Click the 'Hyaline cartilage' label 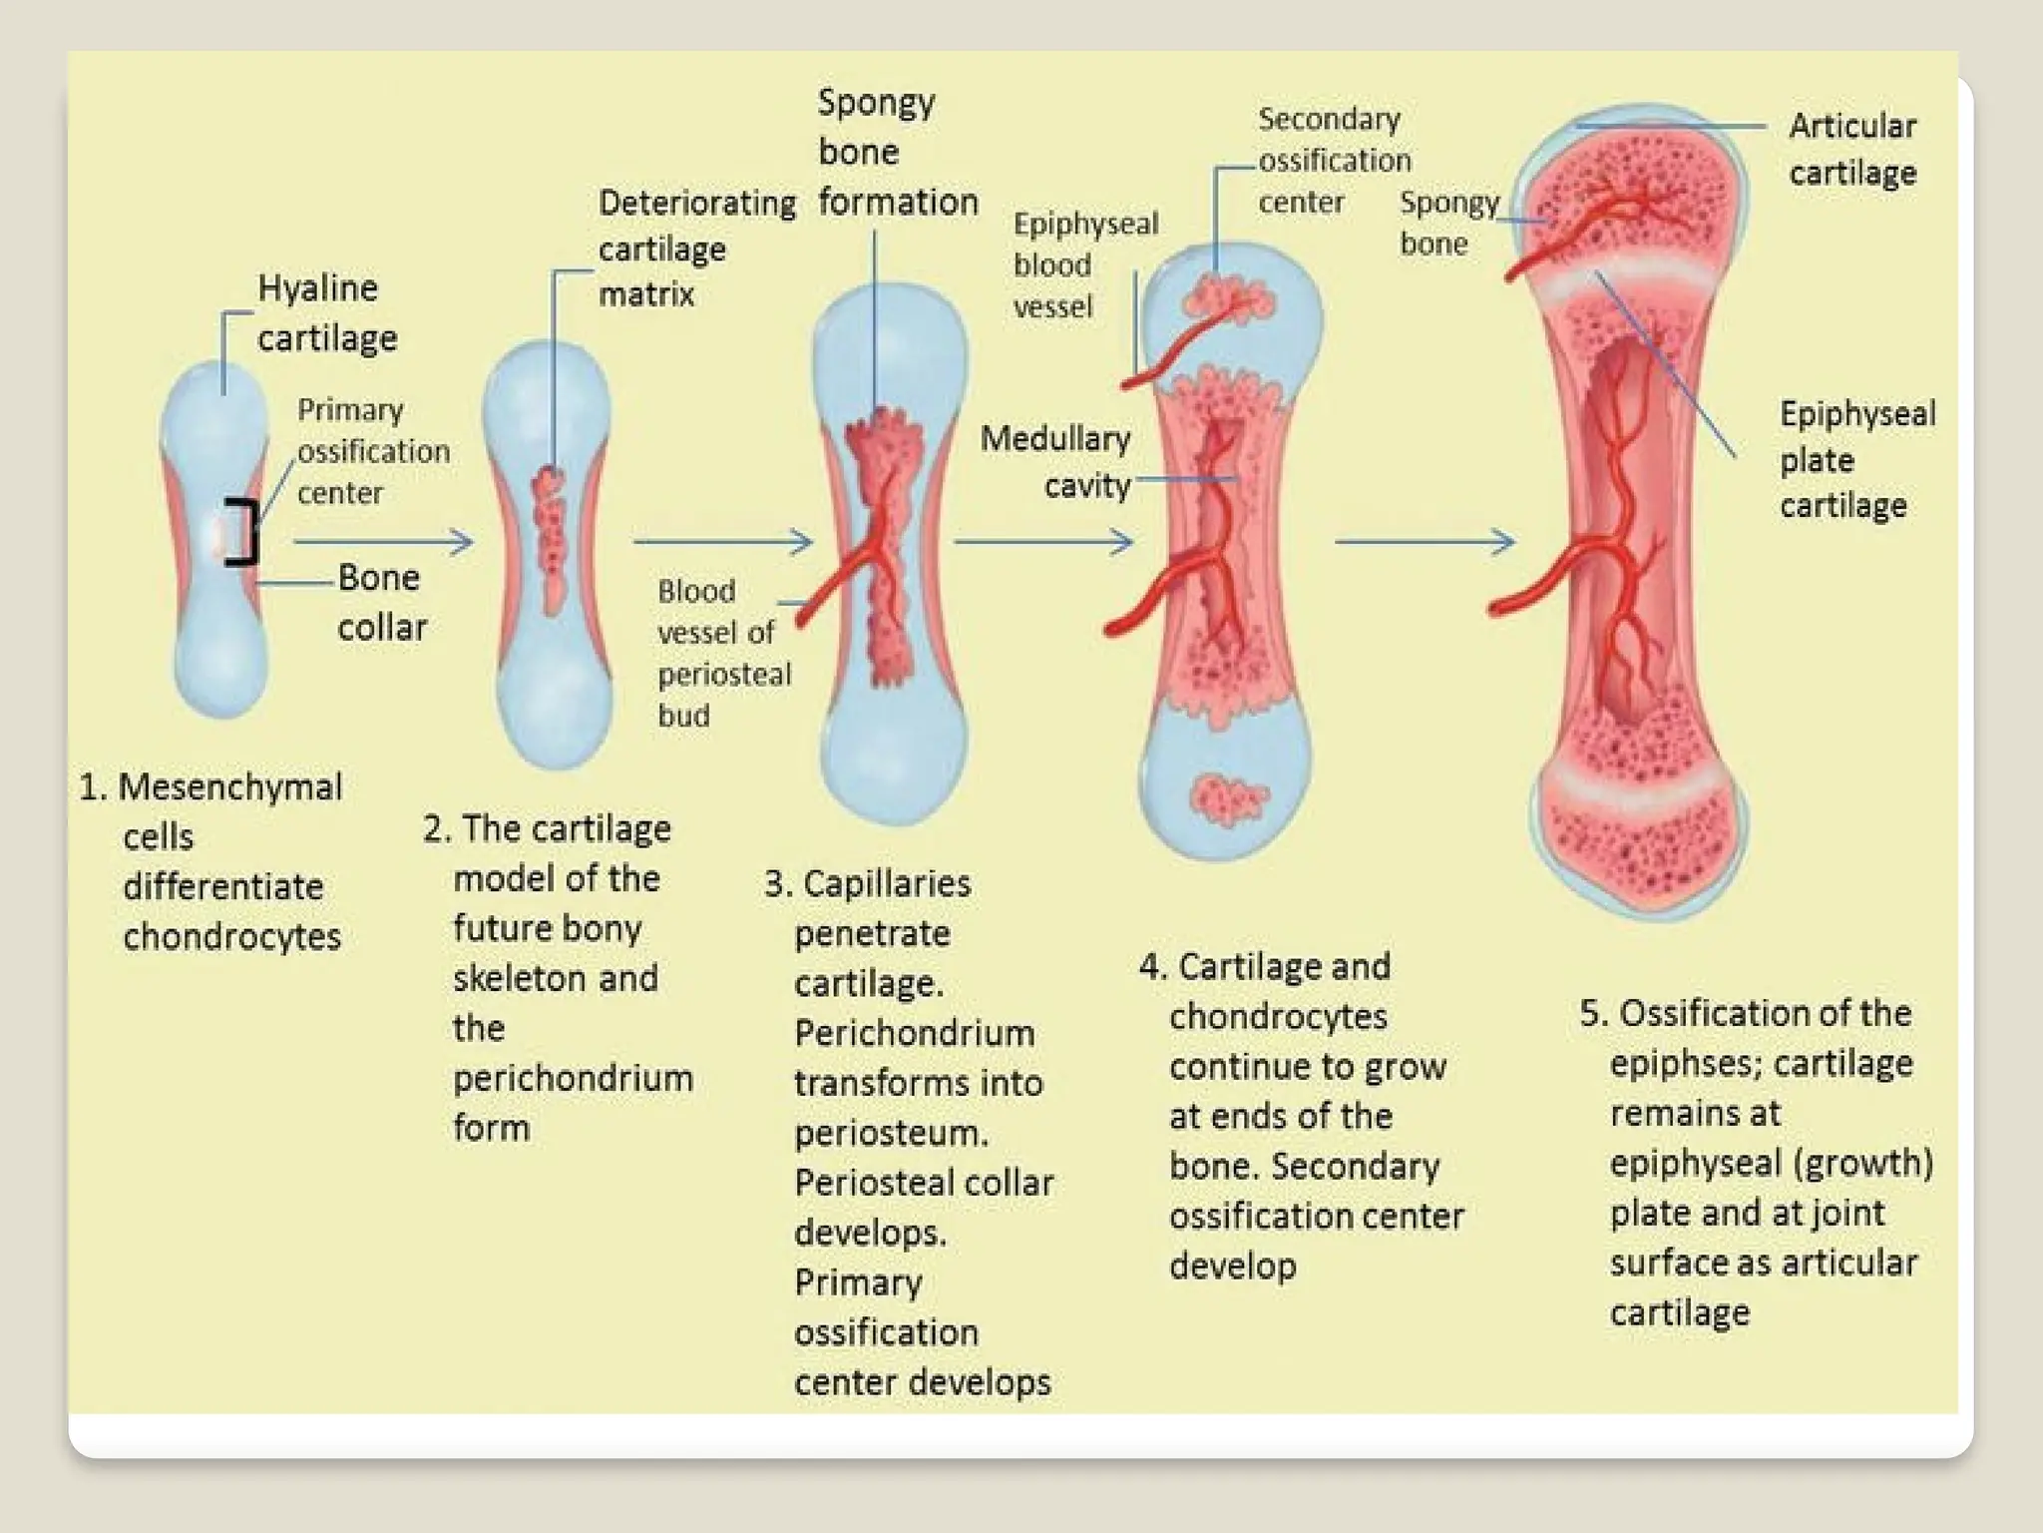coord(326,313)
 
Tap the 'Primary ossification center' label coord(372,451)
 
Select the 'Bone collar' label coord(381,602)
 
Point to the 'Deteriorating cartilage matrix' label coord(695,249)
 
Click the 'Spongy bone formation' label coord(896,152)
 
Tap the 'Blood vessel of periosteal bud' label coord(722,653)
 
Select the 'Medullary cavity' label coord(1056,461)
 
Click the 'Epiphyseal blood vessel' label coord(1084,264)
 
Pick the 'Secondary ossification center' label coord(1333,161)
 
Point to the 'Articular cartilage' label coord(1851,149)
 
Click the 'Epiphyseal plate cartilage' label coord(1855,459)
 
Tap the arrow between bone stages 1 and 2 coord(383,542)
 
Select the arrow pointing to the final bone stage coord(1425,542)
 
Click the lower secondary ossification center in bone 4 coord(1227,798)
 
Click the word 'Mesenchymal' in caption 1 coord(229,787)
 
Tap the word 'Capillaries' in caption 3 coord(886,884)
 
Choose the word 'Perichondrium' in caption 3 coord(914,1033)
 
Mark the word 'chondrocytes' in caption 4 coord(1278,1017)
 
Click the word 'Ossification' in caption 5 coord(1764,1013)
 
